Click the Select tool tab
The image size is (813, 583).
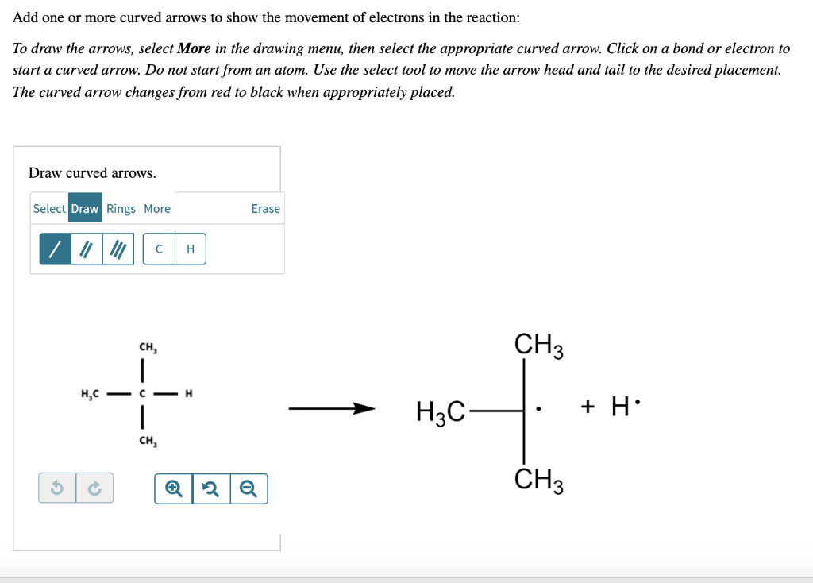[49, 209]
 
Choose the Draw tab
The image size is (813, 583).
[85, 209]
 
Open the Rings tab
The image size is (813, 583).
[121, 209]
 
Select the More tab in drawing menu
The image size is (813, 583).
[157, 209]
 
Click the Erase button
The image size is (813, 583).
[265, 209]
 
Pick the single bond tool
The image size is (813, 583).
[56, 249]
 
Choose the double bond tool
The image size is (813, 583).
[87, 249]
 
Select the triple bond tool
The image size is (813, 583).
[118, 249]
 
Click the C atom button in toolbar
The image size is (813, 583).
[160, 249]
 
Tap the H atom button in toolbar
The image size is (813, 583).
[190, 249]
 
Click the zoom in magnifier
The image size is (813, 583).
[173, 488]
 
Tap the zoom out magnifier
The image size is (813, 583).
[249, 488]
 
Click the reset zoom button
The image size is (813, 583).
[211, 488]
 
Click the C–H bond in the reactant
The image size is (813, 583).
[165, 393]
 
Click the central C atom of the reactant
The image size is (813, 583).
[141, 393]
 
